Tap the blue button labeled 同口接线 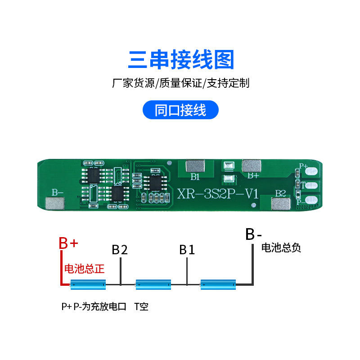point(180,110)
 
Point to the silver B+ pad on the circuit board point(252,166)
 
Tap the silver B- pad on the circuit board point(54,204)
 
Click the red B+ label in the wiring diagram point(69,243)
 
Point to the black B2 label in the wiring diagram point(120,250)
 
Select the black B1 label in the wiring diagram point(187,250)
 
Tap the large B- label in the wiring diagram point(253,234)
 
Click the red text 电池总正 point(85,269)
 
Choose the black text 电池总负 point(281,247)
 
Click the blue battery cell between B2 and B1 point(153,284)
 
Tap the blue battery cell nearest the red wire point(88,284)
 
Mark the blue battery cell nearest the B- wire point(218,284)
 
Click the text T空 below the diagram point(141,307)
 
